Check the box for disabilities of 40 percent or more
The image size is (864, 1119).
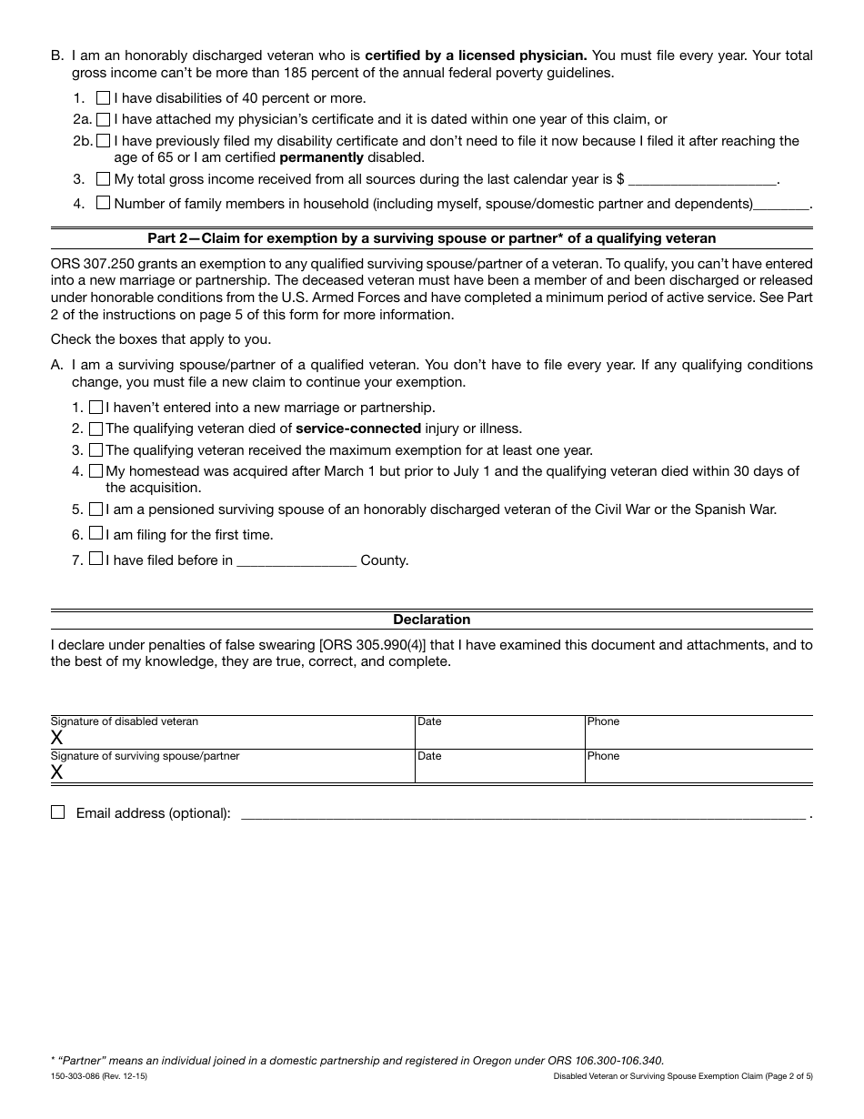tap(103, 97)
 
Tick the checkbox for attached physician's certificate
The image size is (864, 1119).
tap(103, 119)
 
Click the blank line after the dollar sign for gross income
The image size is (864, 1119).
tap(702, 180)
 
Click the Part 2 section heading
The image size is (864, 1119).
tap(431, 238)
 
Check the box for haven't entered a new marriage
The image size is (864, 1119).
tap(95, 408)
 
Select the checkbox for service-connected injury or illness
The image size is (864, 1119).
tap(95, 428)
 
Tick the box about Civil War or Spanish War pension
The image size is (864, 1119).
tap(95, 509)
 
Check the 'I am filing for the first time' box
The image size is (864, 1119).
tap(95, 534)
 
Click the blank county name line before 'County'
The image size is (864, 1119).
tap(296, 561)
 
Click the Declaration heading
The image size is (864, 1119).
tap(431, 620)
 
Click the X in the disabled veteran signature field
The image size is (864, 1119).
tap(57, 738)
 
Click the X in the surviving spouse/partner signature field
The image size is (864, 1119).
tap(57, 772)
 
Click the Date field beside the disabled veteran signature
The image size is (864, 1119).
tap(499, 733)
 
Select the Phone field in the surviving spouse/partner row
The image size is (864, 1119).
tap(698, 768)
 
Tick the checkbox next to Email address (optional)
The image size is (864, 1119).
tap(58, 812)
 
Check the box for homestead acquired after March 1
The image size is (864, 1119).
tap(95, 471)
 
